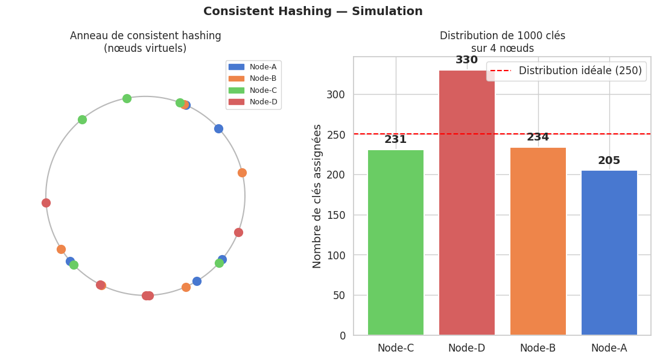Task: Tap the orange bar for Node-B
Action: (x=538, y=241)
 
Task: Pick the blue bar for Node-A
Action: (x=609, y=253)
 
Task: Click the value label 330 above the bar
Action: (x=467, y=60)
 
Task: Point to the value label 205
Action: (x=609, y=161)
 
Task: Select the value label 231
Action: (x=396, y=140)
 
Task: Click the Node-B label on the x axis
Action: (x=538, y=348)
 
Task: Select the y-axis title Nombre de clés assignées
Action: (x=317, y=196)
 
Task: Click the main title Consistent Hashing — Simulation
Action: (x=313, y=11)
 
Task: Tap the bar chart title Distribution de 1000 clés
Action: (x=502, y=36)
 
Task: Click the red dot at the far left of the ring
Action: (x=46, y=203)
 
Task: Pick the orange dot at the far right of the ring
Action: (x=242, y=172)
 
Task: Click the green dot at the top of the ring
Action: (x=127, y=98)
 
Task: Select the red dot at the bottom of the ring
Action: (x=147, y=295)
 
